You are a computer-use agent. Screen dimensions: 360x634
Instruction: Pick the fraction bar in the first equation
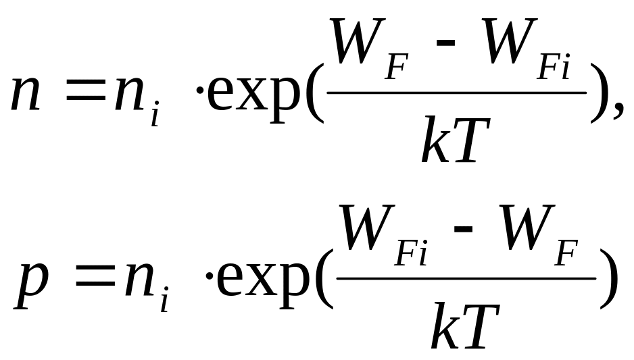point(456,93)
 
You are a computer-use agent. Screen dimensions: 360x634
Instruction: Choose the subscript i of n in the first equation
point(155,116)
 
